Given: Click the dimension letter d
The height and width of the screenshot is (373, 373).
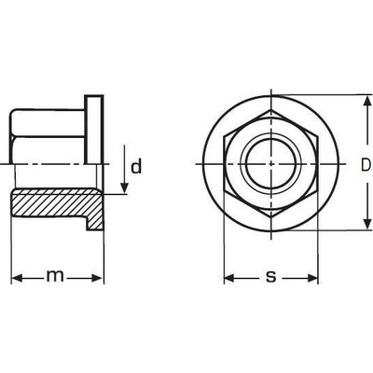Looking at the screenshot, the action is coord(136,166).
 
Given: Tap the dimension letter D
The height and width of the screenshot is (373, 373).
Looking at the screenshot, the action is coord(366,165).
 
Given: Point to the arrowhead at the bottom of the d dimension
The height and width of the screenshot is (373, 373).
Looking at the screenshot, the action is coord(124,188).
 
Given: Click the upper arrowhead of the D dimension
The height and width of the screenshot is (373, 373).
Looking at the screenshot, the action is coord(367,101).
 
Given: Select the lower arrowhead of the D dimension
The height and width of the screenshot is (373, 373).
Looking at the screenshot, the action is coord(367,224).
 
